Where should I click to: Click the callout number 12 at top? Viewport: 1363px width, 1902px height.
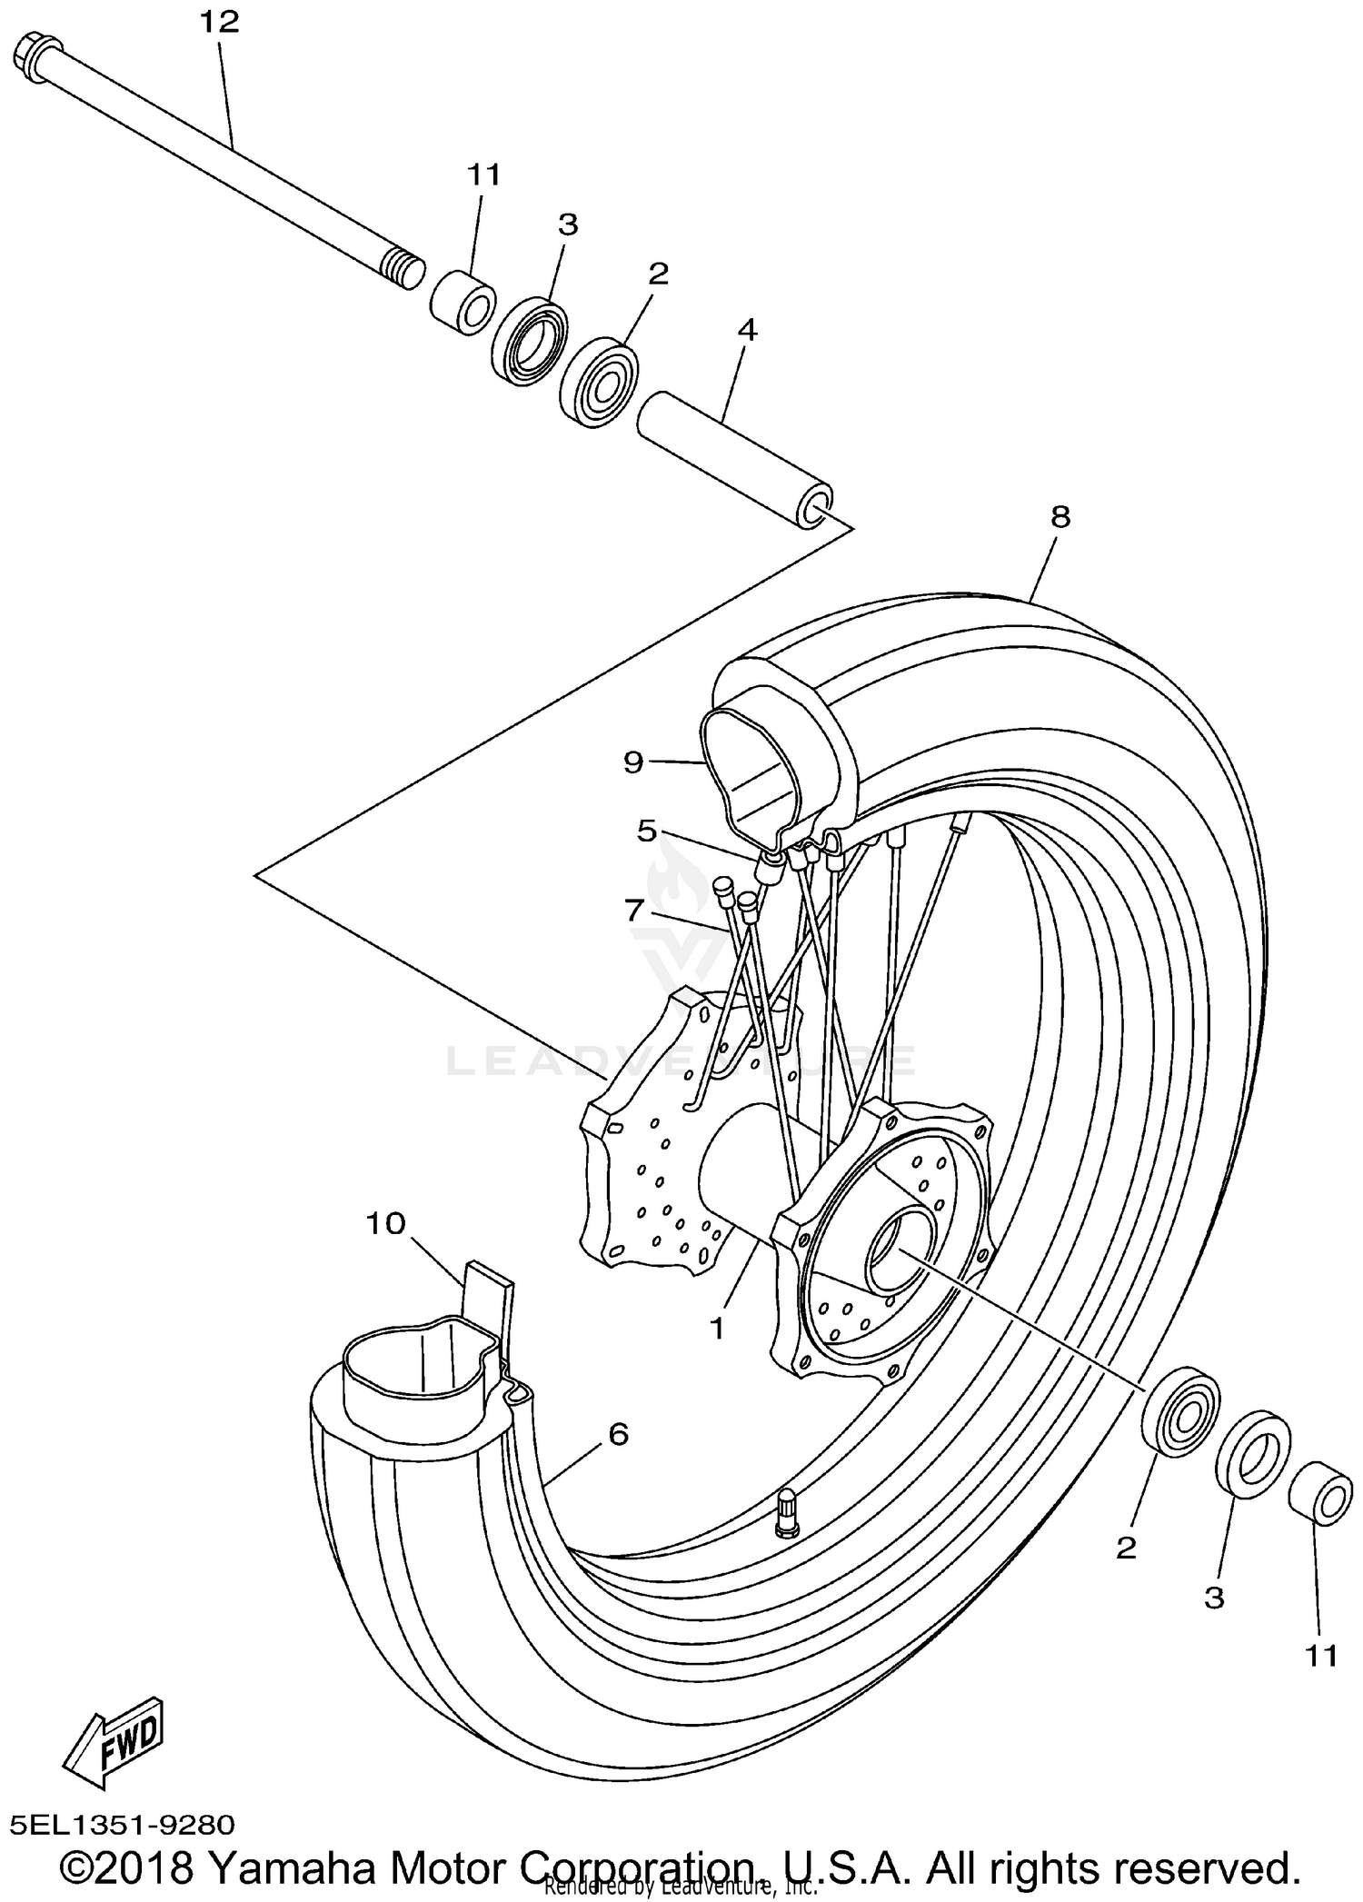pyautogui.click(x=219, y=22)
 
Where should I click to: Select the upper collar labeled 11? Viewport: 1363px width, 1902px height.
pyautogui.click(x=463, y=302)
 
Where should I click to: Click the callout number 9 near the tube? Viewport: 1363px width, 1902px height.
pyautogui.click(x=633, y=762)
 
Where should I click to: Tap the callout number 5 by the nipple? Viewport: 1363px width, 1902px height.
pyautogui.click(x=646, y=831)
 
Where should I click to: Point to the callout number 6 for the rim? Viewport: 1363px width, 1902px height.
pyautogui.click(x=618, y=1434)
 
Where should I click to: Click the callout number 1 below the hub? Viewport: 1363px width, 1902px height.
pyautogui.click(x=717, y=1329)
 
